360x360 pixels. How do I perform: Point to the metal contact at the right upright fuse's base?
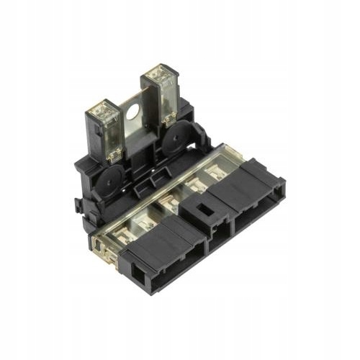pos(169,119)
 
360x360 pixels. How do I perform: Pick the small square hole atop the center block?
pos(204,211)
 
